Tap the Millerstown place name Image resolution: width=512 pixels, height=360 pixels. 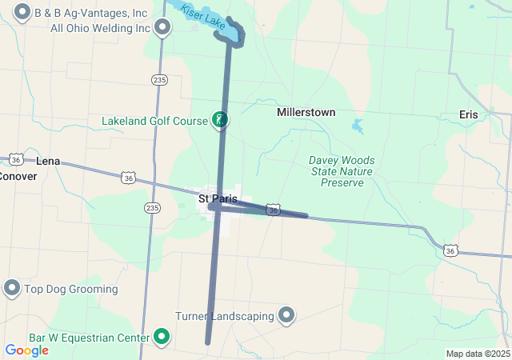pos(306,113)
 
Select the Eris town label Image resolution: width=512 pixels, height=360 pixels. pos(469,114)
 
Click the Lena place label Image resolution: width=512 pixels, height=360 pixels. pos(48,161)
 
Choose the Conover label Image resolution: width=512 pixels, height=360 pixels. pos(18,176)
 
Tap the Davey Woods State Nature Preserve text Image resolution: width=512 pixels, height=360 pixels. pos(342,171)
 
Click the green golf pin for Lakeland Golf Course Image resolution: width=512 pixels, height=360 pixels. pos(218,120)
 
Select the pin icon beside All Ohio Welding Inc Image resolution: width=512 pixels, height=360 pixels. pos(162,28)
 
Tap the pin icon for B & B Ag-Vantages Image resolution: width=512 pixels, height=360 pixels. pos(22,13)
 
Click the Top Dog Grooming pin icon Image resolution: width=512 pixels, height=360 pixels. pos(12,288)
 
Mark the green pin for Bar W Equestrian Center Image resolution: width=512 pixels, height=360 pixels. pos(162,337)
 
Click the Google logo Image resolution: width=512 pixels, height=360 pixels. pos(26,350)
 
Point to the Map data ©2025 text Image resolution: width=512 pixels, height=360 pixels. pos(478,354)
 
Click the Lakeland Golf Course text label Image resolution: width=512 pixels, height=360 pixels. pos(154,122)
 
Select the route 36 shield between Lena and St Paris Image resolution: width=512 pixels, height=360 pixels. pos(128,178)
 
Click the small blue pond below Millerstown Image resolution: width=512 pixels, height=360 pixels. pos(357,126)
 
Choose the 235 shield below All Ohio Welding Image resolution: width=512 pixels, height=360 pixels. pos(159,79)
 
